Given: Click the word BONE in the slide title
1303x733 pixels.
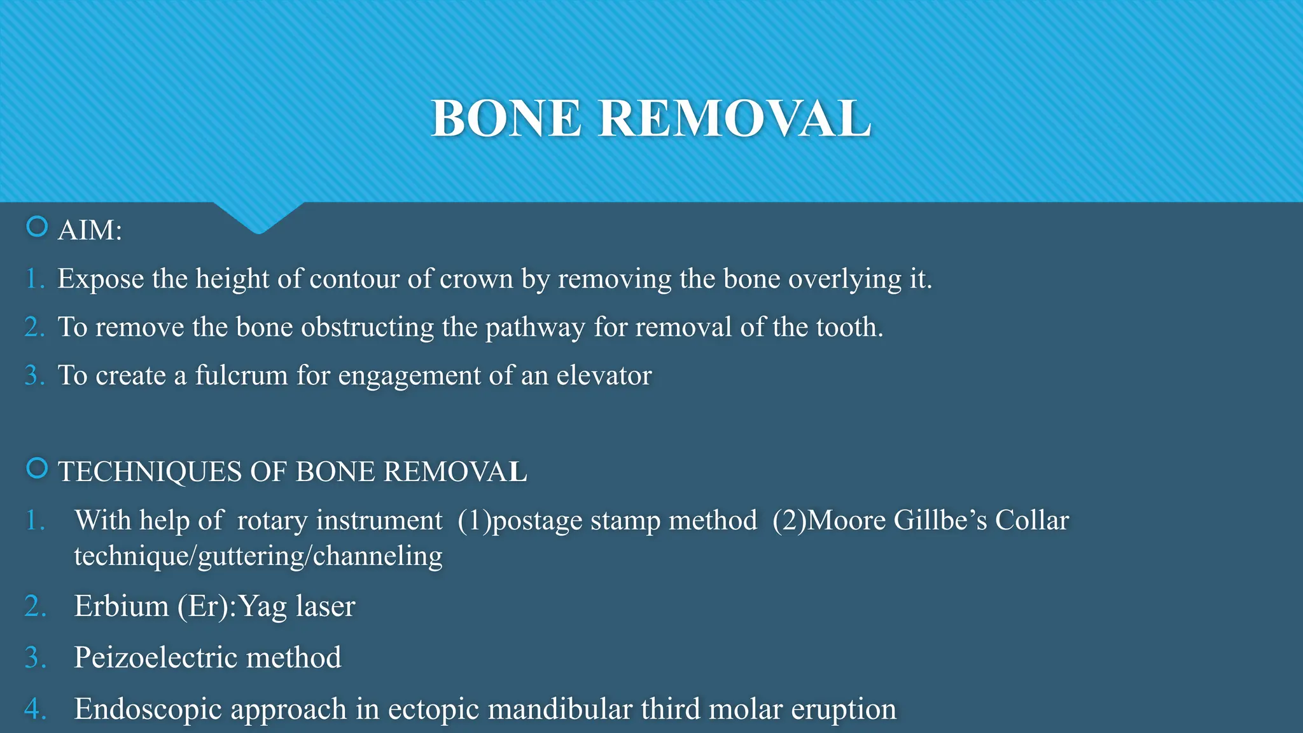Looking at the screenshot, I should click(506, 119).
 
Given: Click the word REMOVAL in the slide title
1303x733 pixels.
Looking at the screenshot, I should click(734, 119).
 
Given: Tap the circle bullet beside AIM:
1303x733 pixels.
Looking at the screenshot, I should click(37, 227).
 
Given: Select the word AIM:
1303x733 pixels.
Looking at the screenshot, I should click(90, 230).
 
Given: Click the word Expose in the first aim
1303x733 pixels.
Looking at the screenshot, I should click(101, 279).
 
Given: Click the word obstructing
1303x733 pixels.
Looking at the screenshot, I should click(367, 328).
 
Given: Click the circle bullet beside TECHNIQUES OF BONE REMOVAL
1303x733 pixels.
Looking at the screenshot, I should click(37, 468).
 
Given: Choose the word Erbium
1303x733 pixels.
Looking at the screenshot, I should click(122, 606).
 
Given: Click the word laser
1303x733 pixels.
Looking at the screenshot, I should click(324, 606).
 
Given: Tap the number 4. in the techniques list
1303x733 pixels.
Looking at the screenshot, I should click(35, 709).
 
